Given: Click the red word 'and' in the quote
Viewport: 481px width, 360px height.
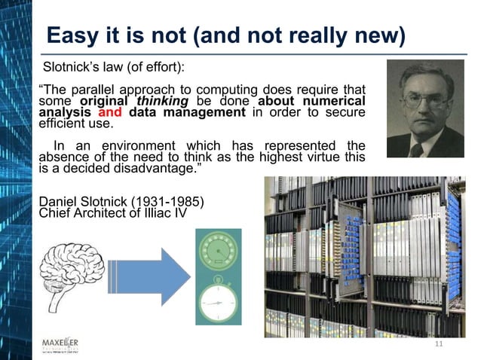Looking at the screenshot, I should pyautogui.click(x=110, y=113).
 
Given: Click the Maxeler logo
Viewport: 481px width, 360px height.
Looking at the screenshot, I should pyautogui.click(x=65, y=346).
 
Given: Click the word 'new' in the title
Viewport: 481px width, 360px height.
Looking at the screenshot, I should pyautogui.click(x=377, y=35).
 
